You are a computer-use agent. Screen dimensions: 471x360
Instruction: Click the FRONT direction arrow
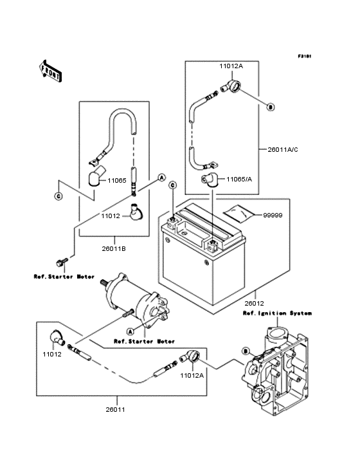(x=51, y=70)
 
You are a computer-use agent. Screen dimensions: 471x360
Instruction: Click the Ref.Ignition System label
(x=276, y=313)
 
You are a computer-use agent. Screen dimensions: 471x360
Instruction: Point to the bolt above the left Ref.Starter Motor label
(x=62, y=263)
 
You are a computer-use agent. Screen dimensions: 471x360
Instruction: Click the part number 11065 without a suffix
(x=116, y=181)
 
